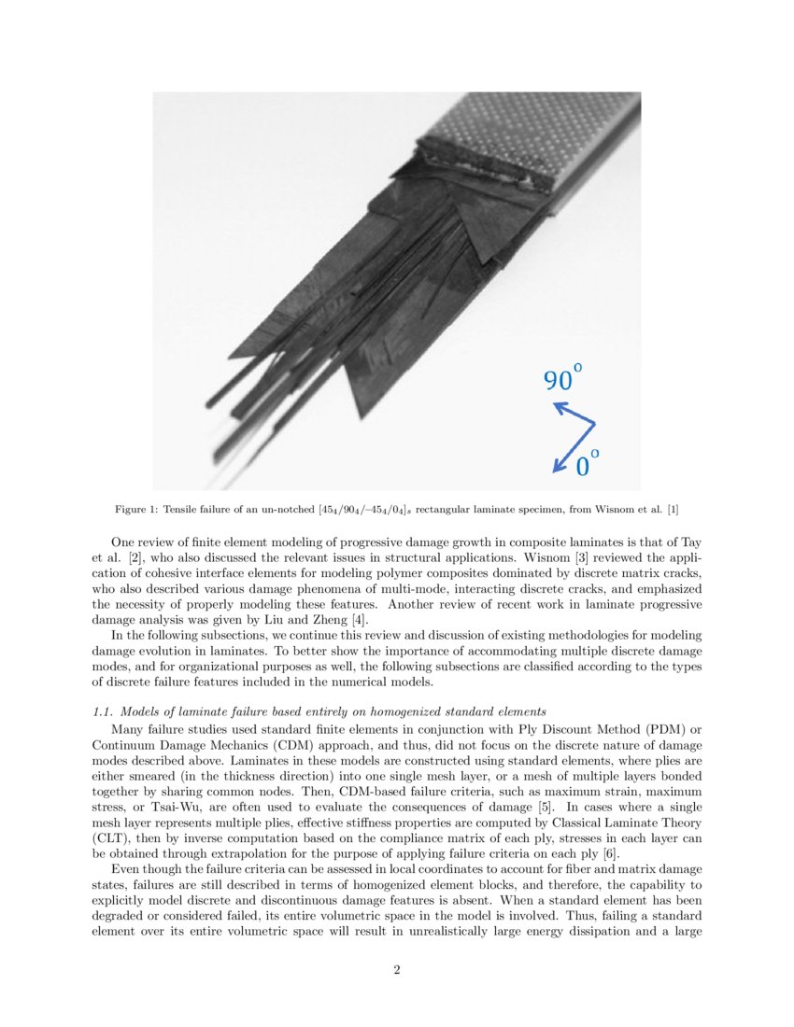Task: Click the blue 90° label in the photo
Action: pos(562,378)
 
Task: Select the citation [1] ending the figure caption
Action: pos(673,510)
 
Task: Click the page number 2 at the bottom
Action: pos(397,970)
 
